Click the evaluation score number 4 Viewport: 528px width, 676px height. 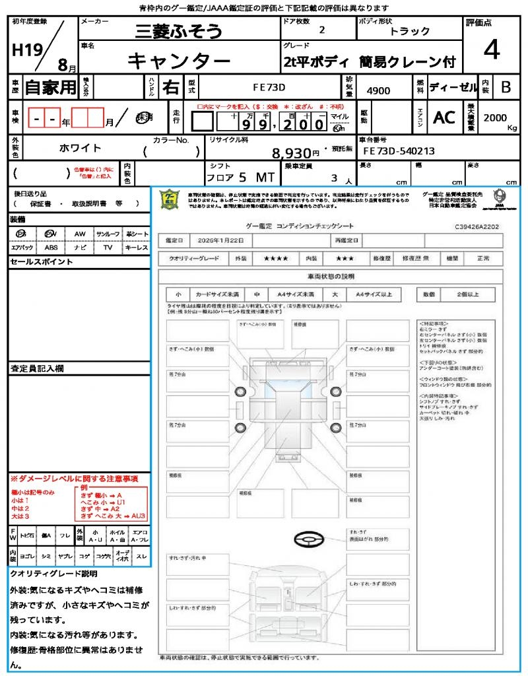(x=491, y=50)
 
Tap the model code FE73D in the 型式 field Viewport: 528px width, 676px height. (x=269, y=87)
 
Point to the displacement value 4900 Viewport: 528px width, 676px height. (x=378, y=91)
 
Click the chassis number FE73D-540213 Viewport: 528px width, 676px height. (x=399, y=151)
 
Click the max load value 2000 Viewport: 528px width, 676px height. (x=495, y=118)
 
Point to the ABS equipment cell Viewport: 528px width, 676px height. (x=51, y=248)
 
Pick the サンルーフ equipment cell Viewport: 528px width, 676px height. (x=108, y=234)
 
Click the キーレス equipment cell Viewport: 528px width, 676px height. (x=137, y=248)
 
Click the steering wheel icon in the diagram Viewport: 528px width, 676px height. (x=307, y=540)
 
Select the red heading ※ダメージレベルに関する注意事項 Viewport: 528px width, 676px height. (x=74, y=478)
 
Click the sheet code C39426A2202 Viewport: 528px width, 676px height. (x=477, y=226)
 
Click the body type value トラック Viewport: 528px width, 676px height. (x=410, y=31)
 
